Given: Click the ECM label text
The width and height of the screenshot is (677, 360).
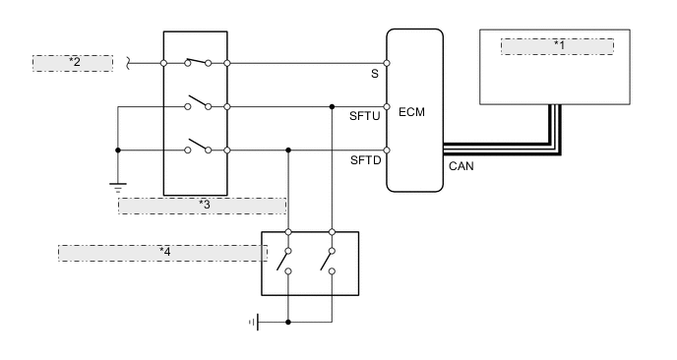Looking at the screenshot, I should (413, 112).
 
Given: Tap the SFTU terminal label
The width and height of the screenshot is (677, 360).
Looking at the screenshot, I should (364, 116).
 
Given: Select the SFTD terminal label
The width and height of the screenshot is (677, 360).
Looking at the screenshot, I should (364, 159).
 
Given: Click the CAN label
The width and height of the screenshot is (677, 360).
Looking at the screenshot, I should (461, 166).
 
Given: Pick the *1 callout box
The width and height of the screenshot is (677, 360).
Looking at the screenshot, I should (558, 45).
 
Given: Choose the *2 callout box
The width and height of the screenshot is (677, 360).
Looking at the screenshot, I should (75, 63).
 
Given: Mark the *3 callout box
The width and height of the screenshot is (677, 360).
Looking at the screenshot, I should (203, 205).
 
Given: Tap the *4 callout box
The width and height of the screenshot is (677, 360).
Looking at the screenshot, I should (163, 252).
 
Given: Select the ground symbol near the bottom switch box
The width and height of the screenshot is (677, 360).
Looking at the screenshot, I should (253, 321).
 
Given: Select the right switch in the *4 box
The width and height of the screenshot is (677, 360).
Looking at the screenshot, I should (329, 260).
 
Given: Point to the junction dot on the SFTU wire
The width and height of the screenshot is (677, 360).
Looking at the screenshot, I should (333, 106).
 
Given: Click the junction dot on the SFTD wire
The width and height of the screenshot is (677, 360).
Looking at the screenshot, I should (287, 150).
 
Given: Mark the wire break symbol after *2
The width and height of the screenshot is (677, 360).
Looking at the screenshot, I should (129, 64).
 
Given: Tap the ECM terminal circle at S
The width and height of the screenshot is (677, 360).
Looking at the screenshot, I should (387, 64).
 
